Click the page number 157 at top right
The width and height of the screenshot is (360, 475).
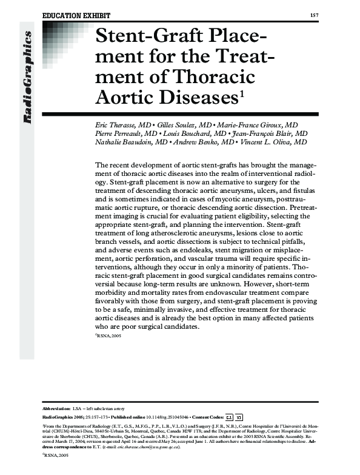point(314,15)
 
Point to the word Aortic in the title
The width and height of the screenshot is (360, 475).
point(124,98)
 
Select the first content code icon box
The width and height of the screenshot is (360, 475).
point(229,417)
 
